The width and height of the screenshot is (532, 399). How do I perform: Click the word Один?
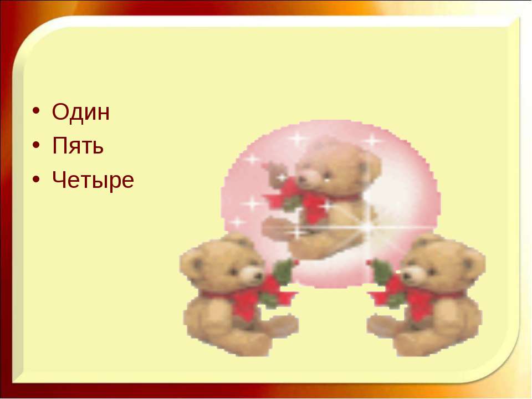click(81, 111)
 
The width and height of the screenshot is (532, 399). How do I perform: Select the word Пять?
click(78, 145)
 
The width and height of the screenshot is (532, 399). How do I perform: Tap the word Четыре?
click(93, 180)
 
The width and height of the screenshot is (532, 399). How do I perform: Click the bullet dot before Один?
click(37, 111)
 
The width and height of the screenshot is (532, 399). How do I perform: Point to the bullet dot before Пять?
click(37, 145)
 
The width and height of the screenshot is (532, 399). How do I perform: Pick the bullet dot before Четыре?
click(37, 179)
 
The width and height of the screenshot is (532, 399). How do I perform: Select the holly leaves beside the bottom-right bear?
click(381, 272)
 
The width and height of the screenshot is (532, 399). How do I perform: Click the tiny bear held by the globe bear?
click(276, 175)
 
